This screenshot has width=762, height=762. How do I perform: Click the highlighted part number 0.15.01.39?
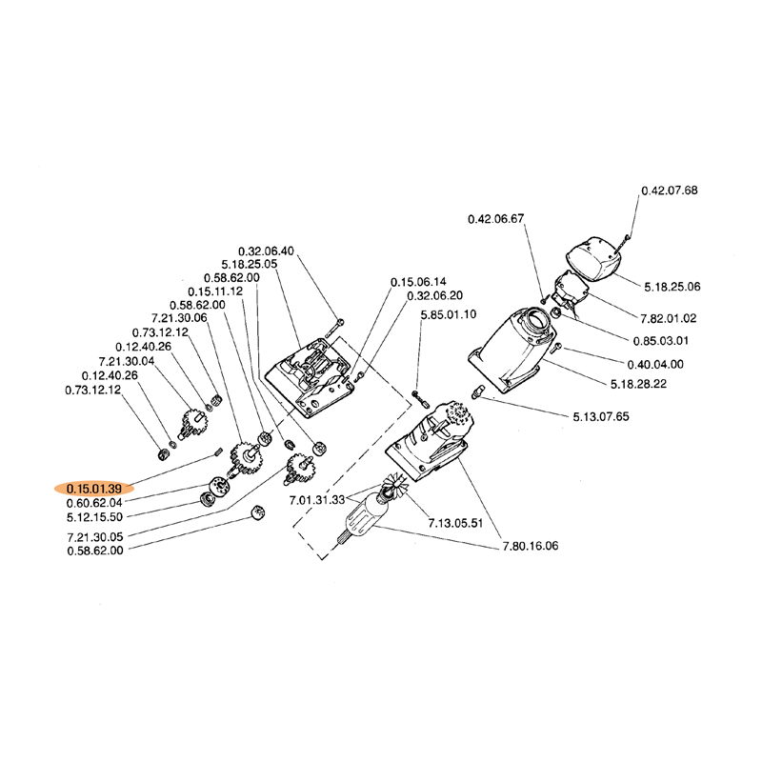click(93, 488)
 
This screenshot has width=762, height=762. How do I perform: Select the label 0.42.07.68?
click(669, 190)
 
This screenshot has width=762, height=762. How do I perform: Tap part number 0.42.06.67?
click(496, 219)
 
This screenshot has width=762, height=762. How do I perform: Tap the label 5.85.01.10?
click(448, 314)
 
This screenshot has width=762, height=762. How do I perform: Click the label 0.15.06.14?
click(418, 282)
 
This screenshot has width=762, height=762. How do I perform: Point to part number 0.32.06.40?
click(266, 251)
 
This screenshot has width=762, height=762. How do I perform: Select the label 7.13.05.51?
click(456, 523)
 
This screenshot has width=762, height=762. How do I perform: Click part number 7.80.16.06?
click(531, 547)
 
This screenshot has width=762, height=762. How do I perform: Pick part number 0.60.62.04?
click(93, 502)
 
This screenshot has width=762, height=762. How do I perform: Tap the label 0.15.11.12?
click(215, 291)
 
